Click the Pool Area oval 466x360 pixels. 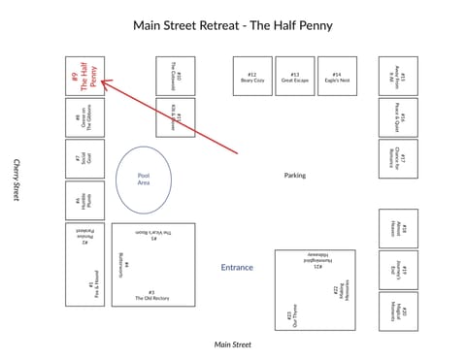coord(143,179)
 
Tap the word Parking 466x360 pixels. coord(295,176)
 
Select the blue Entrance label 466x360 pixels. coord(237,267)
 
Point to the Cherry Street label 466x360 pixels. coord(17,180)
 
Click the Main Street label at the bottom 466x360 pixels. coord(233,344)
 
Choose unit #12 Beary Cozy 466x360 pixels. coord(252,77)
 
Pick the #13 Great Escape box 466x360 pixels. coord(295,77)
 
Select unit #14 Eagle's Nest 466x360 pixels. coord(337,77)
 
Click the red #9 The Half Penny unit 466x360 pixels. coord(84,76)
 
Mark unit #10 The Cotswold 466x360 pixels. coord(176,76)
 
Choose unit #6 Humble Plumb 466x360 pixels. coord(84,200)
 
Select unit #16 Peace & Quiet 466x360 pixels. coord(398,117)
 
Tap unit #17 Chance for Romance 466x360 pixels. coord(398,158)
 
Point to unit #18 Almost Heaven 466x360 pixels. coord(398,229)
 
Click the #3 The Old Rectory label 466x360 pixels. coord(152,295)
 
